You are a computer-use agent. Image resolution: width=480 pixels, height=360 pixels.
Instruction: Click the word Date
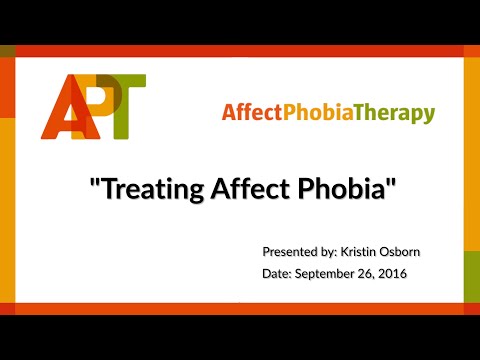tap(276, 273)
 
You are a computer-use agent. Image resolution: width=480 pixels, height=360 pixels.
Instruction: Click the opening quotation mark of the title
tap(94, 183)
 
